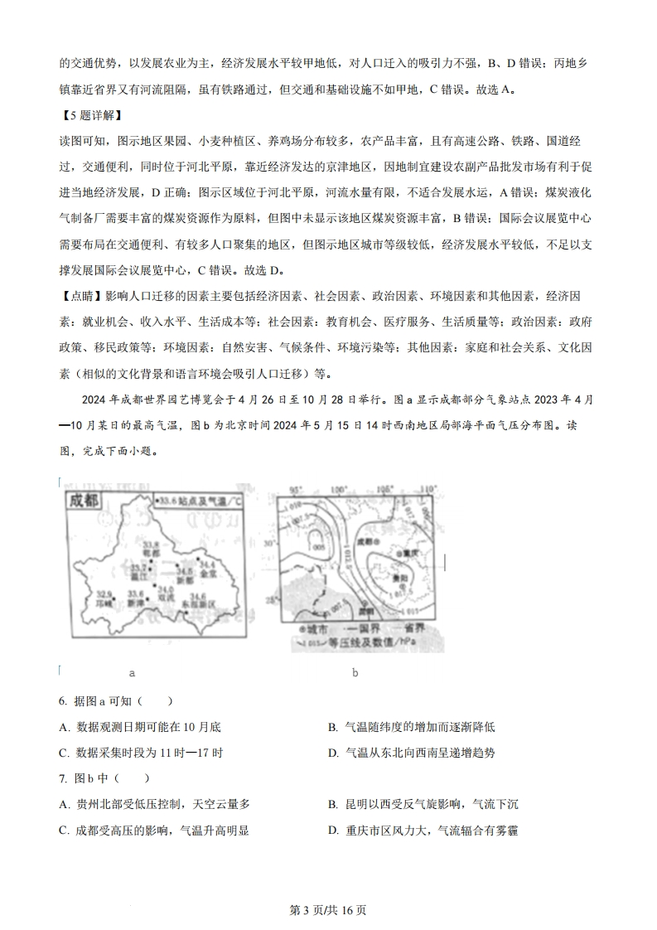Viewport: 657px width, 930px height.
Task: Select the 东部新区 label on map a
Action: pos(199,604)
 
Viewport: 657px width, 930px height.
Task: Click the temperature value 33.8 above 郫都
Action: pos(149,543)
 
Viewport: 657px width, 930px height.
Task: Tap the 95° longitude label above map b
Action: pos(295,490)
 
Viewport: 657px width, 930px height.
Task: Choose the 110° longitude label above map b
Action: pos(428,490)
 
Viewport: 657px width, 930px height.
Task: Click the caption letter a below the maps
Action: pos(132,673)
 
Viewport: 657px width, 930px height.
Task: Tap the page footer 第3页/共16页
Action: pos(328,910)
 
